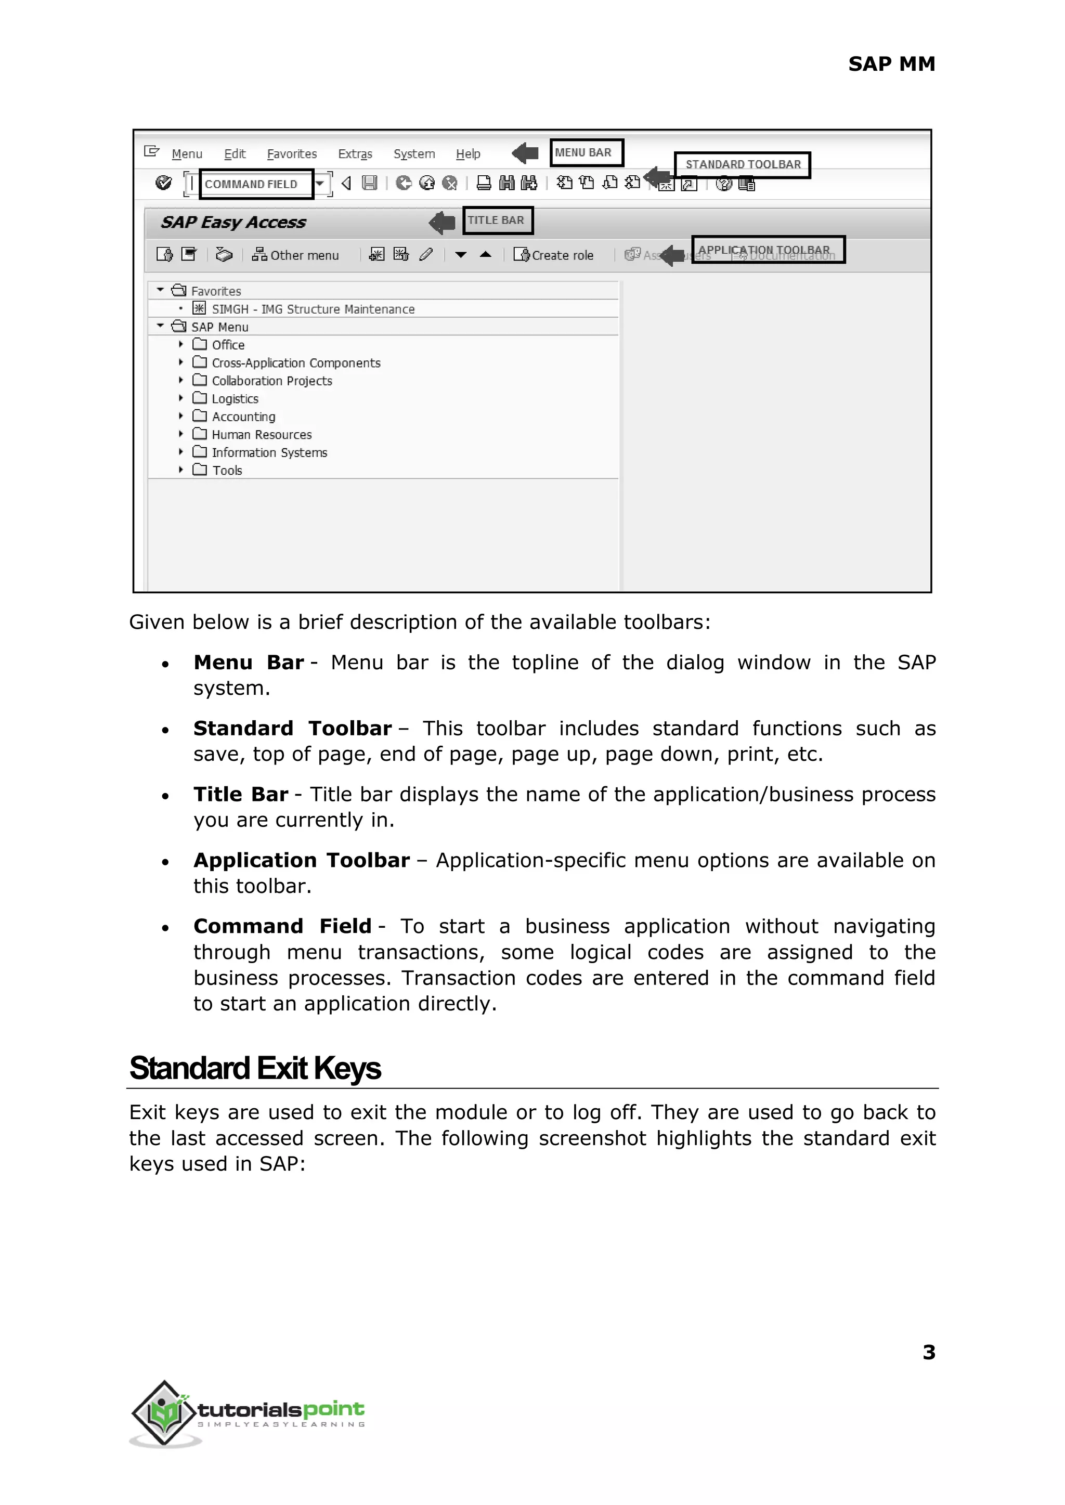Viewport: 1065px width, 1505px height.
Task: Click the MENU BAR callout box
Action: (x=586, y=153)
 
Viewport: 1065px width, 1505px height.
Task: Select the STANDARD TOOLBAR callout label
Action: (x=743, y=165)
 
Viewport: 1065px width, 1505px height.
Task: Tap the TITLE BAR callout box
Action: (x=497, y=220)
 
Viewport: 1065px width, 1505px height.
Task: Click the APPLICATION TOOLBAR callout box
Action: (x=768, y=250)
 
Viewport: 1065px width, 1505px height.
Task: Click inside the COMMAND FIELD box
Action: (x=256, y=184)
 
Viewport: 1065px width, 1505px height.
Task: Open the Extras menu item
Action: (x=355, y=154)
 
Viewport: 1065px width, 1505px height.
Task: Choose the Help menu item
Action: (x=468, y=154)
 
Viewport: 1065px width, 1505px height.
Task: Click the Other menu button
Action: (x=296, y=255)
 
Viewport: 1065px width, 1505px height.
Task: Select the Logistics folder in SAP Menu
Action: (x=235, y=399)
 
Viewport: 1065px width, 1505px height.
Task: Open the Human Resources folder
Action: (x=261, y=435)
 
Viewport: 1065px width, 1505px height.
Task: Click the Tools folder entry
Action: (x=227, y=470)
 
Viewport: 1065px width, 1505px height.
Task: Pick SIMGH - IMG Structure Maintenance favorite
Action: (x=313, y=309)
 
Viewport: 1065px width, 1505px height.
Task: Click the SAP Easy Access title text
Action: (x=233, y=222)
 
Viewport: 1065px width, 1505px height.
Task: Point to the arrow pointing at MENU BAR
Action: (x=525, y=153)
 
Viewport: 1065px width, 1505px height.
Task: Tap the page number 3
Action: (x=929, y=1352)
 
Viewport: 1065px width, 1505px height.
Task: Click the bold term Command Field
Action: (x=282, y=926)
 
